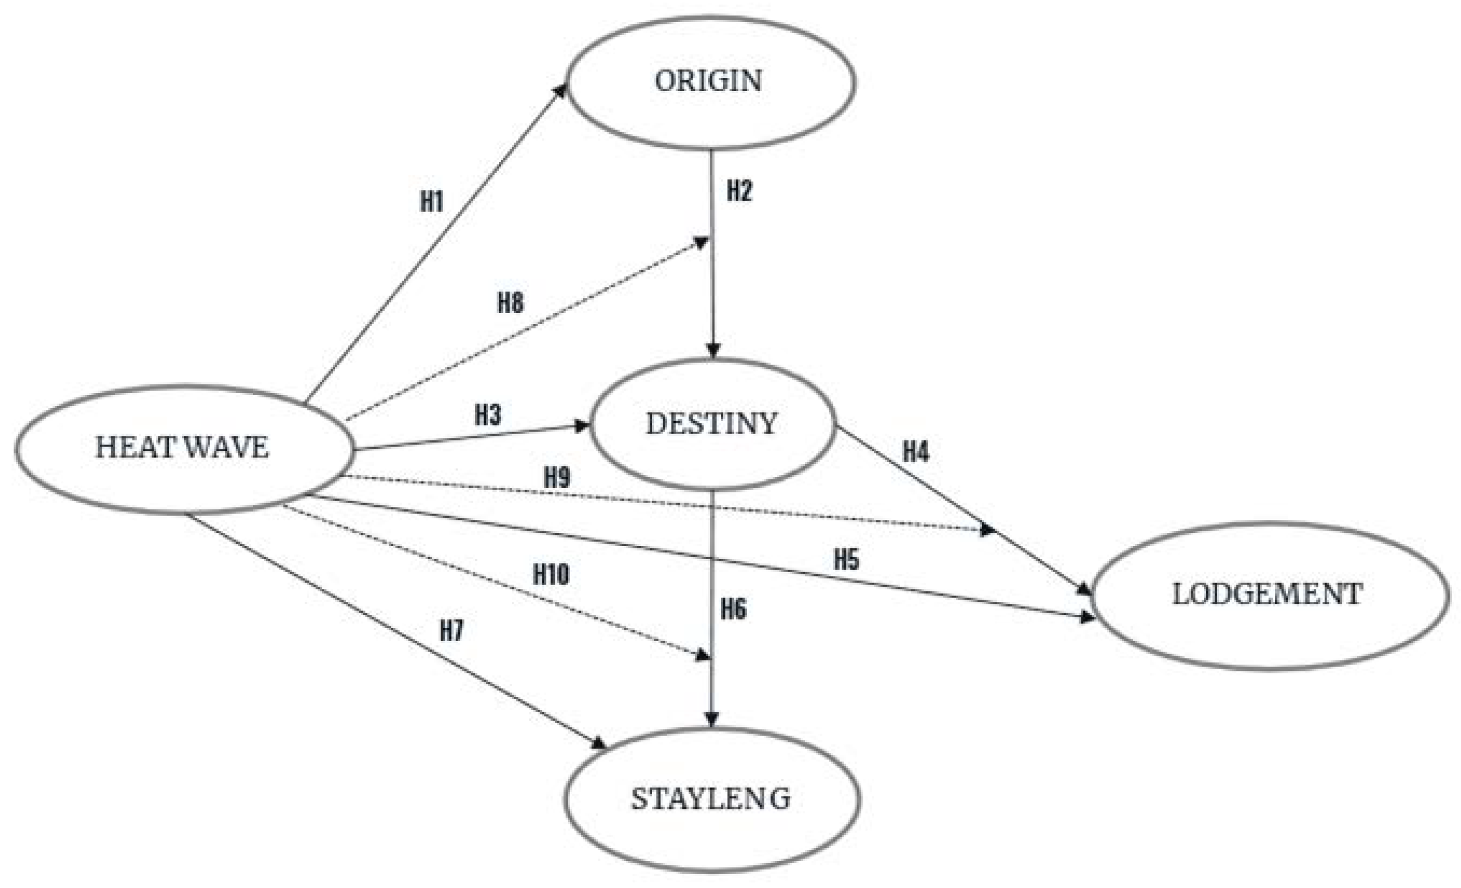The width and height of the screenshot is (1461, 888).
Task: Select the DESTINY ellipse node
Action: [712, 424]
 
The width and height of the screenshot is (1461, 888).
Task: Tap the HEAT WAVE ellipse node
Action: [184, 449]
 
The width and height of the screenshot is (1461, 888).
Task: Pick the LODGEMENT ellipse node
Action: [1268, 596]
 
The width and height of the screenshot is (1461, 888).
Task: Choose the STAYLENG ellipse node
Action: [711, 800]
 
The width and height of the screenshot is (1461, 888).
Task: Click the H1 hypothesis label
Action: [432, 202]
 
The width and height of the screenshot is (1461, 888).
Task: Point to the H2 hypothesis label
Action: [740, 191]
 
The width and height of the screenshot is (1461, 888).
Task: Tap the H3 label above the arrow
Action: [488, 415]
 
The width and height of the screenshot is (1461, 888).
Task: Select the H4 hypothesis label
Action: [915, 452]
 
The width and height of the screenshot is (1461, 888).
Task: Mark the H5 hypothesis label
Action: [846, 560]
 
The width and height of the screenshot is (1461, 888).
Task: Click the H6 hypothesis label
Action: [733, 609]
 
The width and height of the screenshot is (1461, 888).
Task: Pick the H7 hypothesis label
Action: [451, 631]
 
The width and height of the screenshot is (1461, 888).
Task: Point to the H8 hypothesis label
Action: [510, 303]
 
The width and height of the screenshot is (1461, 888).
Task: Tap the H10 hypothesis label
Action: [551, 575]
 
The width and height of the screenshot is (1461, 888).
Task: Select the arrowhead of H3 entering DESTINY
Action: [582, 426]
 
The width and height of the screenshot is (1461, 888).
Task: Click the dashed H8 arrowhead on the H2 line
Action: [702, 242]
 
